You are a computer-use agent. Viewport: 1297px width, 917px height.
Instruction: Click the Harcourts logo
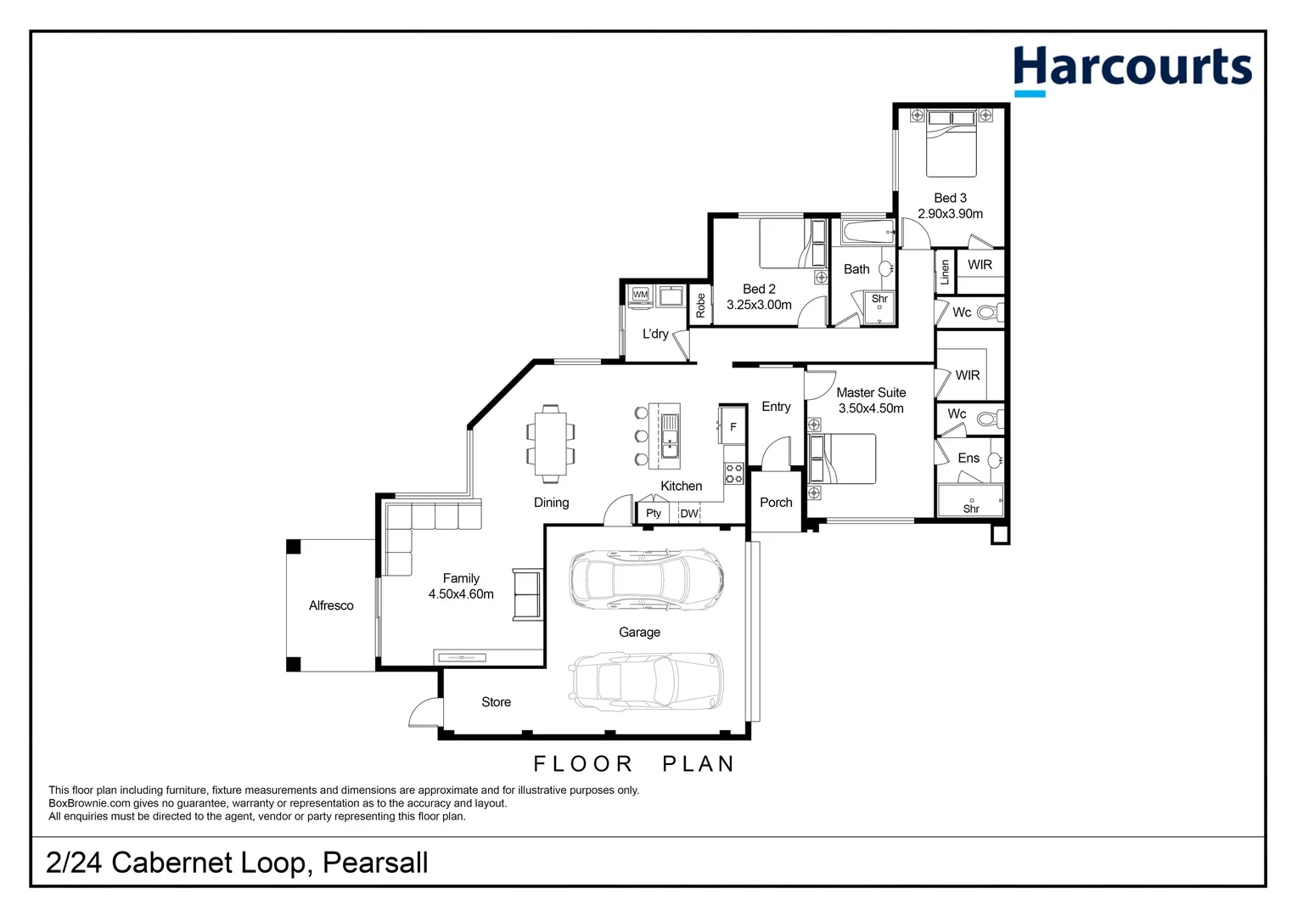[1131, 70]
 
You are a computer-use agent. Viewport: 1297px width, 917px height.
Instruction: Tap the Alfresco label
[331, 605]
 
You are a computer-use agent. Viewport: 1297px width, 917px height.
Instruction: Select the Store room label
[496, 702]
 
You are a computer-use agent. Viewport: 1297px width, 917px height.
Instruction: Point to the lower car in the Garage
[647, 680]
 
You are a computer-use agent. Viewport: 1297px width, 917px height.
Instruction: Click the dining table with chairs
[550, 443]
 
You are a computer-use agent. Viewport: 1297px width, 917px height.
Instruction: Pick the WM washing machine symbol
[640, 295]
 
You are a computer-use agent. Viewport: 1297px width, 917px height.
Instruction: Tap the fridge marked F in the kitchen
[733, 426]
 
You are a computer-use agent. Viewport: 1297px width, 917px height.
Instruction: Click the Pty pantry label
[653, 514]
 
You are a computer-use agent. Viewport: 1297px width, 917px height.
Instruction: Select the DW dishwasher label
[688, 514]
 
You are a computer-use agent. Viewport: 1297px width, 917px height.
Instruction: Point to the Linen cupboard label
[945, 273]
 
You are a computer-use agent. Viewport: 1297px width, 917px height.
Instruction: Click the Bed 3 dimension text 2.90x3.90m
[950, 214]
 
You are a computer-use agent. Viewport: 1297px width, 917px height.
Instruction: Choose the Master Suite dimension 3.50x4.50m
[871, 408]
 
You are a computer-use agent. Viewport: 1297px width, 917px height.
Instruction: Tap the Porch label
[776, 503]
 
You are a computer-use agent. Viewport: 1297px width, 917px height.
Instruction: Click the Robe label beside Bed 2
[700, 306]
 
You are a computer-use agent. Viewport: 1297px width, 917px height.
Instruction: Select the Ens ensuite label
[969, 458]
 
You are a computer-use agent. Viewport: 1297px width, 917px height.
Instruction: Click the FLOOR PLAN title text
[633, 764]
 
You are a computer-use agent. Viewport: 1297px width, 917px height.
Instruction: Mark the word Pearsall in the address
[375, 863]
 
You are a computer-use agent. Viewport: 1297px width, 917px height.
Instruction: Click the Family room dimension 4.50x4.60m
[461, 594]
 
